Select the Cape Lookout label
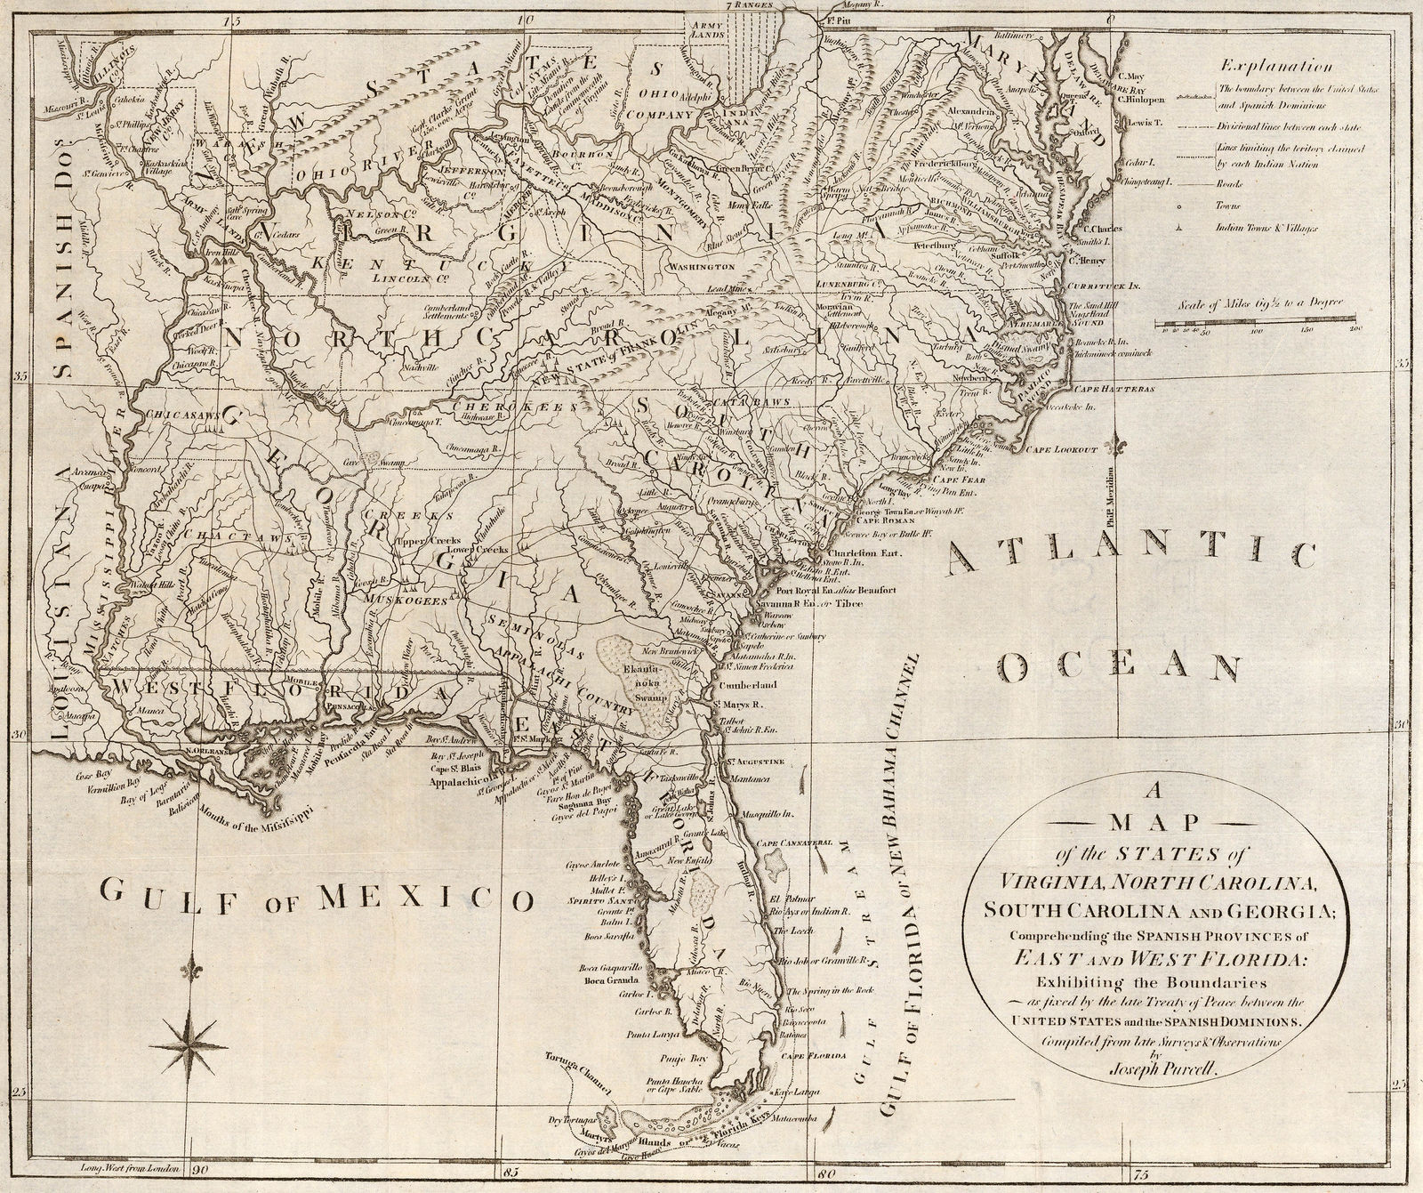(x=1060, y=451)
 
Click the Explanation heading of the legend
(x=1275, y=66)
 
